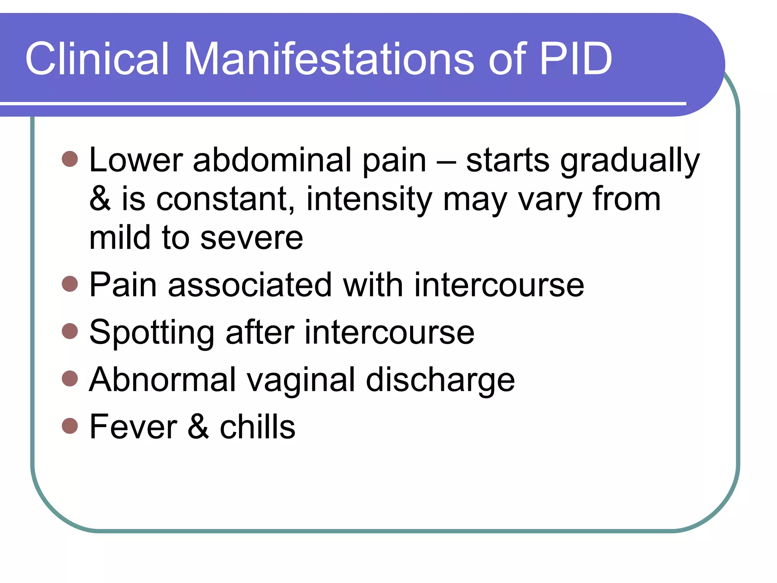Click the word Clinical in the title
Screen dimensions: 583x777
pos(97,59)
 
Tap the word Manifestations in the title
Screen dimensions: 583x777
pos(329,59)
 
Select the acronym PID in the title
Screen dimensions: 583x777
pos(576,59)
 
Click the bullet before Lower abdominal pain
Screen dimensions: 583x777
pos(70,159)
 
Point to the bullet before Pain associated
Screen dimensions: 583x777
pos(70,284)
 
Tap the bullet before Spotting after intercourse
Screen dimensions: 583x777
pos(70,331)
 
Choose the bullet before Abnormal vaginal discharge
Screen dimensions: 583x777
pos(70,378)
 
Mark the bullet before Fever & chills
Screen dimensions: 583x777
pos(70,426)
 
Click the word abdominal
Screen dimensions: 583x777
pos(272,160)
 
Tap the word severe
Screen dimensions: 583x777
pos(252,238)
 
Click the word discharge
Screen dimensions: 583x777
pos(440,380)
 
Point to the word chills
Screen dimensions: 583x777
pos(258,427)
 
